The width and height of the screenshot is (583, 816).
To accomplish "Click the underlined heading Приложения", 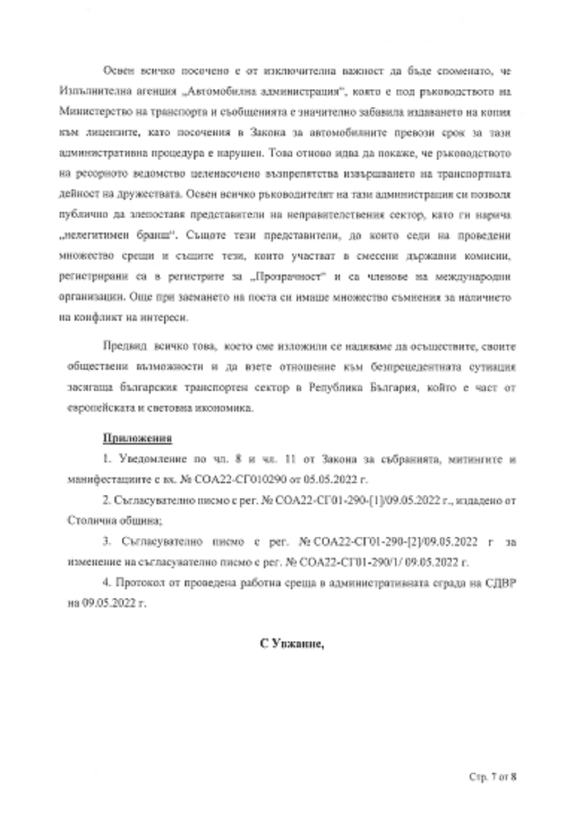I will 137,439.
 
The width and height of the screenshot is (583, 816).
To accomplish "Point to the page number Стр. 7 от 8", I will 493,776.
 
